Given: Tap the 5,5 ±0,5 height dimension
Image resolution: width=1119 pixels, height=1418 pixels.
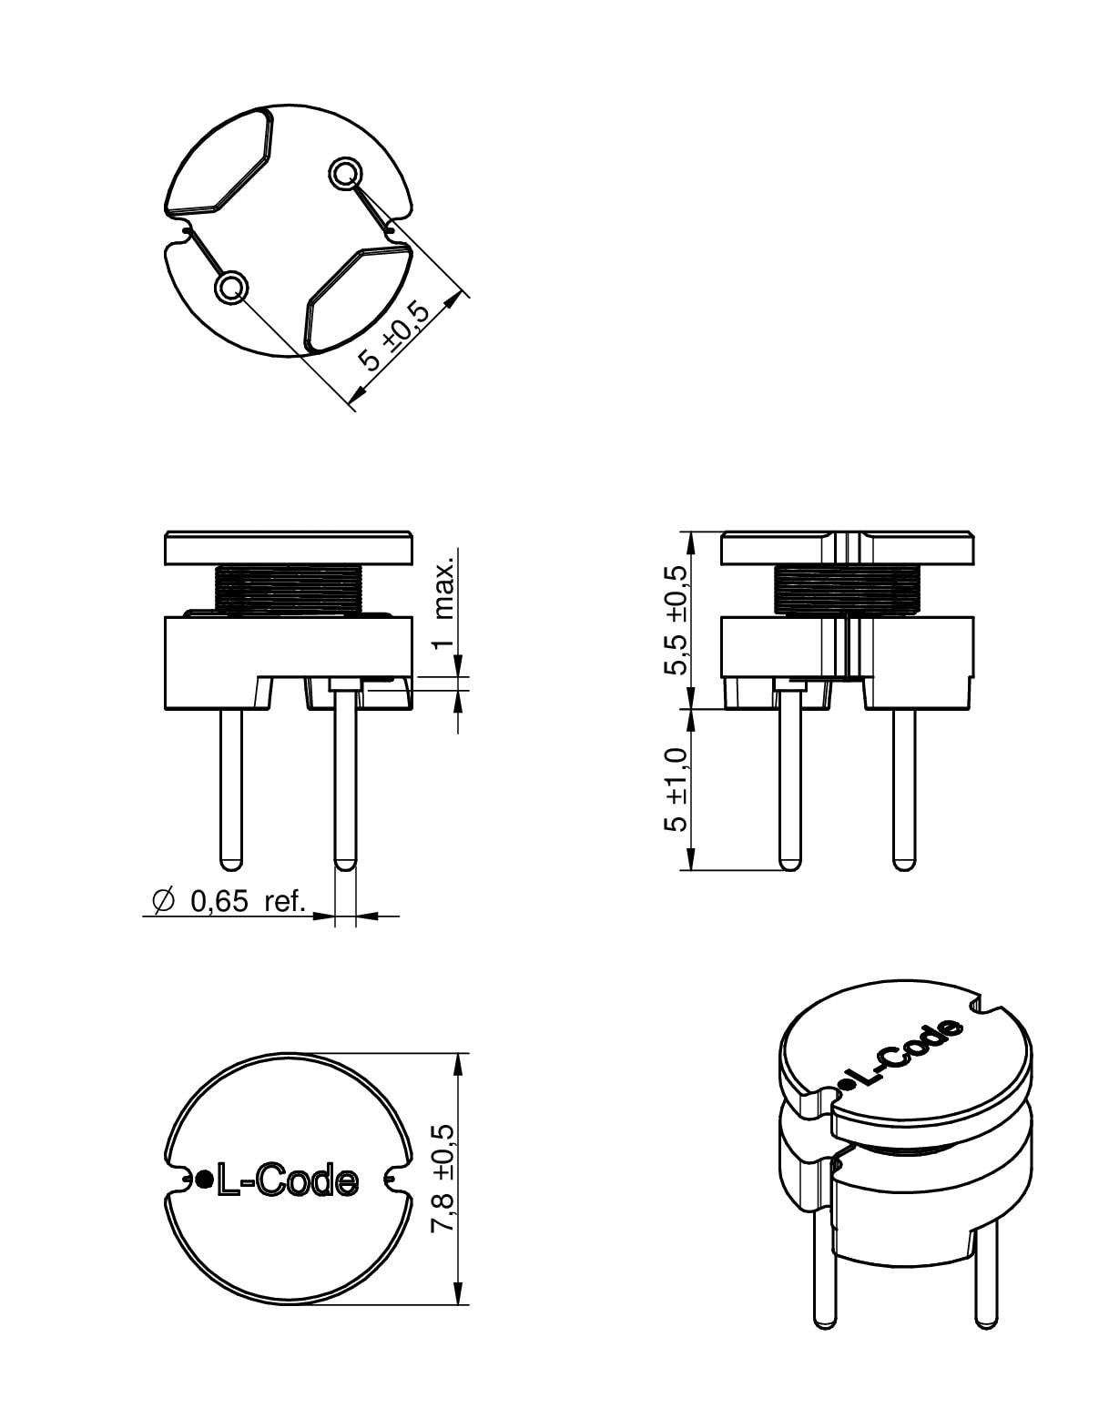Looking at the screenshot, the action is (676, 620).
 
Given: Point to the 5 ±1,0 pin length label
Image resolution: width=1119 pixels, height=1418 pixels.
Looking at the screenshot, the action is (676, 790).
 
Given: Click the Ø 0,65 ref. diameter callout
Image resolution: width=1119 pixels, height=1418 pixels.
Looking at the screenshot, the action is (229, 901).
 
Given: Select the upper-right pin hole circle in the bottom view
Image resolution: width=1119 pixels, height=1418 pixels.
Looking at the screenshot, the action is (345, 174).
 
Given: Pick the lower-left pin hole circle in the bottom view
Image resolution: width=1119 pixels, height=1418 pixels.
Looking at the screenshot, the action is (230, 288).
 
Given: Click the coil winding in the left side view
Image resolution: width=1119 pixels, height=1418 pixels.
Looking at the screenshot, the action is (289, 591).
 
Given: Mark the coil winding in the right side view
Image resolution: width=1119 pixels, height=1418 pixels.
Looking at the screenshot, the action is (845, 591).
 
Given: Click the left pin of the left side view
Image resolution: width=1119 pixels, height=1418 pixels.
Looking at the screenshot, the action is (230, 789).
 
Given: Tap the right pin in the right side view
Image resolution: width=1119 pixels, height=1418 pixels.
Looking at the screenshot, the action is (904, 789).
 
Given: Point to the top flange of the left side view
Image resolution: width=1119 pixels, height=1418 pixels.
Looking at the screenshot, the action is (289, 548).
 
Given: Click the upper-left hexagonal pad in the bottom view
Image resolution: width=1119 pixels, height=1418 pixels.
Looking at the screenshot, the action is (219, 161).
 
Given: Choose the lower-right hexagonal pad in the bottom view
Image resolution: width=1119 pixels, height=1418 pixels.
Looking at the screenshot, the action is (358, 298).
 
